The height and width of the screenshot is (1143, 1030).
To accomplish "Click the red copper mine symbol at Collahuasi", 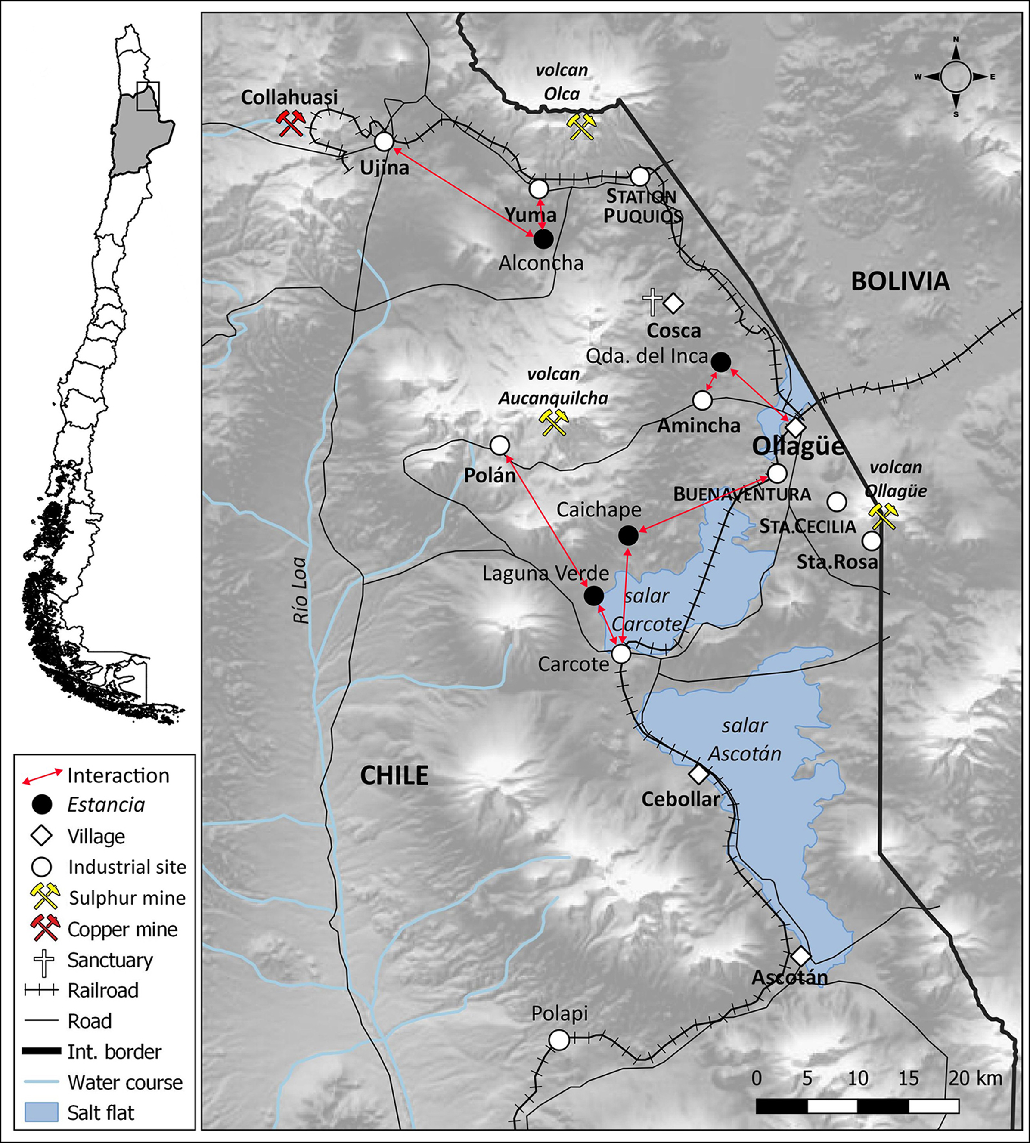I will [x=290, y=123].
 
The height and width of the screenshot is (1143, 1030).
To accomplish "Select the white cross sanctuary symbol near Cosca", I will [x=652, y=303].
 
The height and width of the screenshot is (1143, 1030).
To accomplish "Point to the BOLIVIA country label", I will [x=900, y=281].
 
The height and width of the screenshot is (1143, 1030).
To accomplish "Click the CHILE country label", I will [x=394, y=775].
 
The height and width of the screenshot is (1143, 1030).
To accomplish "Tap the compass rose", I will [x=956, y=77].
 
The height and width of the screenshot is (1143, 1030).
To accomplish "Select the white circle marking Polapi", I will [x=559, y=1040].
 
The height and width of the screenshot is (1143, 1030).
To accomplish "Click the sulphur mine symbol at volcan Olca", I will [x=581, y=126].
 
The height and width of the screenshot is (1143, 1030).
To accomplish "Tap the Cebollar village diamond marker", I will [x=698, y=773].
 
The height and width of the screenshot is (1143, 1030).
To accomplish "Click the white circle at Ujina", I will [x=384, y=142].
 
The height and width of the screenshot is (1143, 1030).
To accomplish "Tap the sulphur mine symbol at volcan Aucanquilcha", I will [x=553, y=422].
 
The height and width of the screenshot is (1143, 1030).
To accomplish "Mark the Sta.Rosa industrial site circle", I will [x=871, y=541].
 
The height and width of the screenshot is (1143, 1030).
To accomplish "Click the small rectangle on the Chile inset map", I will [x=148, y=96].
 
